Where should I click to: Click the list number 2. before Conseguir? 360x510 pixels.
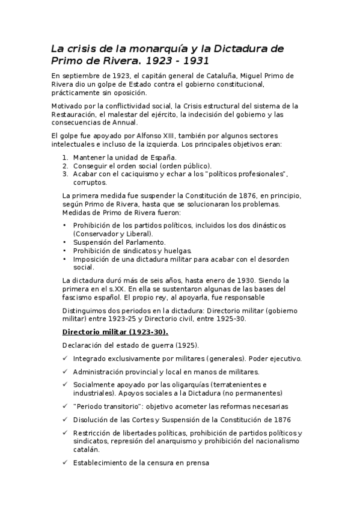[66, 165]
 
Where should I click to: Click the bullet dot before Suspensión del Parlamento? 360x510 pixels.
[65, 242]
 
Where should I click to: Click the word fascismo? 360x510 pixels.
[77, 297]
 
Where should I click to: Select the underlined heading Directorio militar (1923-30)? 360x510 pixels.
[115, 331]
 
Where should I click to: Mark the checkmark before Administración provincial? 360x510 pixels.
[65, 372]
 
